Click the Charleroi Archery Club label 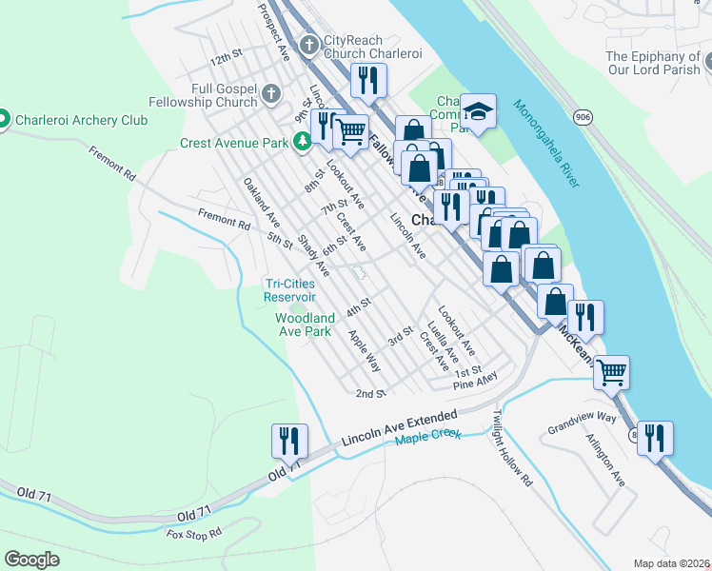pyautogui.click(x=81, y=120)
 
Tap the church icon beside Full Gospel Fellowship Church pyautogui.click(x=271, y=94)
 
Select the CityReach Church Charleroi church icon pyautogui.click(x=307, y=45)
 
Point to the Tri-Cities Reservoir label pyautogui.click(x=303, y=289)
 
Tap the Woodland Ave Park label pyautogui.click(x=304, y=325)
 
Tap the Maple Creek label pyautogui.click(x=427, y=436)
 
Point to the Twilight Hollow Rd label pyautogui.click(x=512, y=448)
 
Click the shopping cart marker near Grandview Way pyautogui.click(x=611, y=371)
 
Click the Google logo pyautogui.click(x=31, y=560)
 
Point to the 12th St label pyautogui.click(x=227, y=59)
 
